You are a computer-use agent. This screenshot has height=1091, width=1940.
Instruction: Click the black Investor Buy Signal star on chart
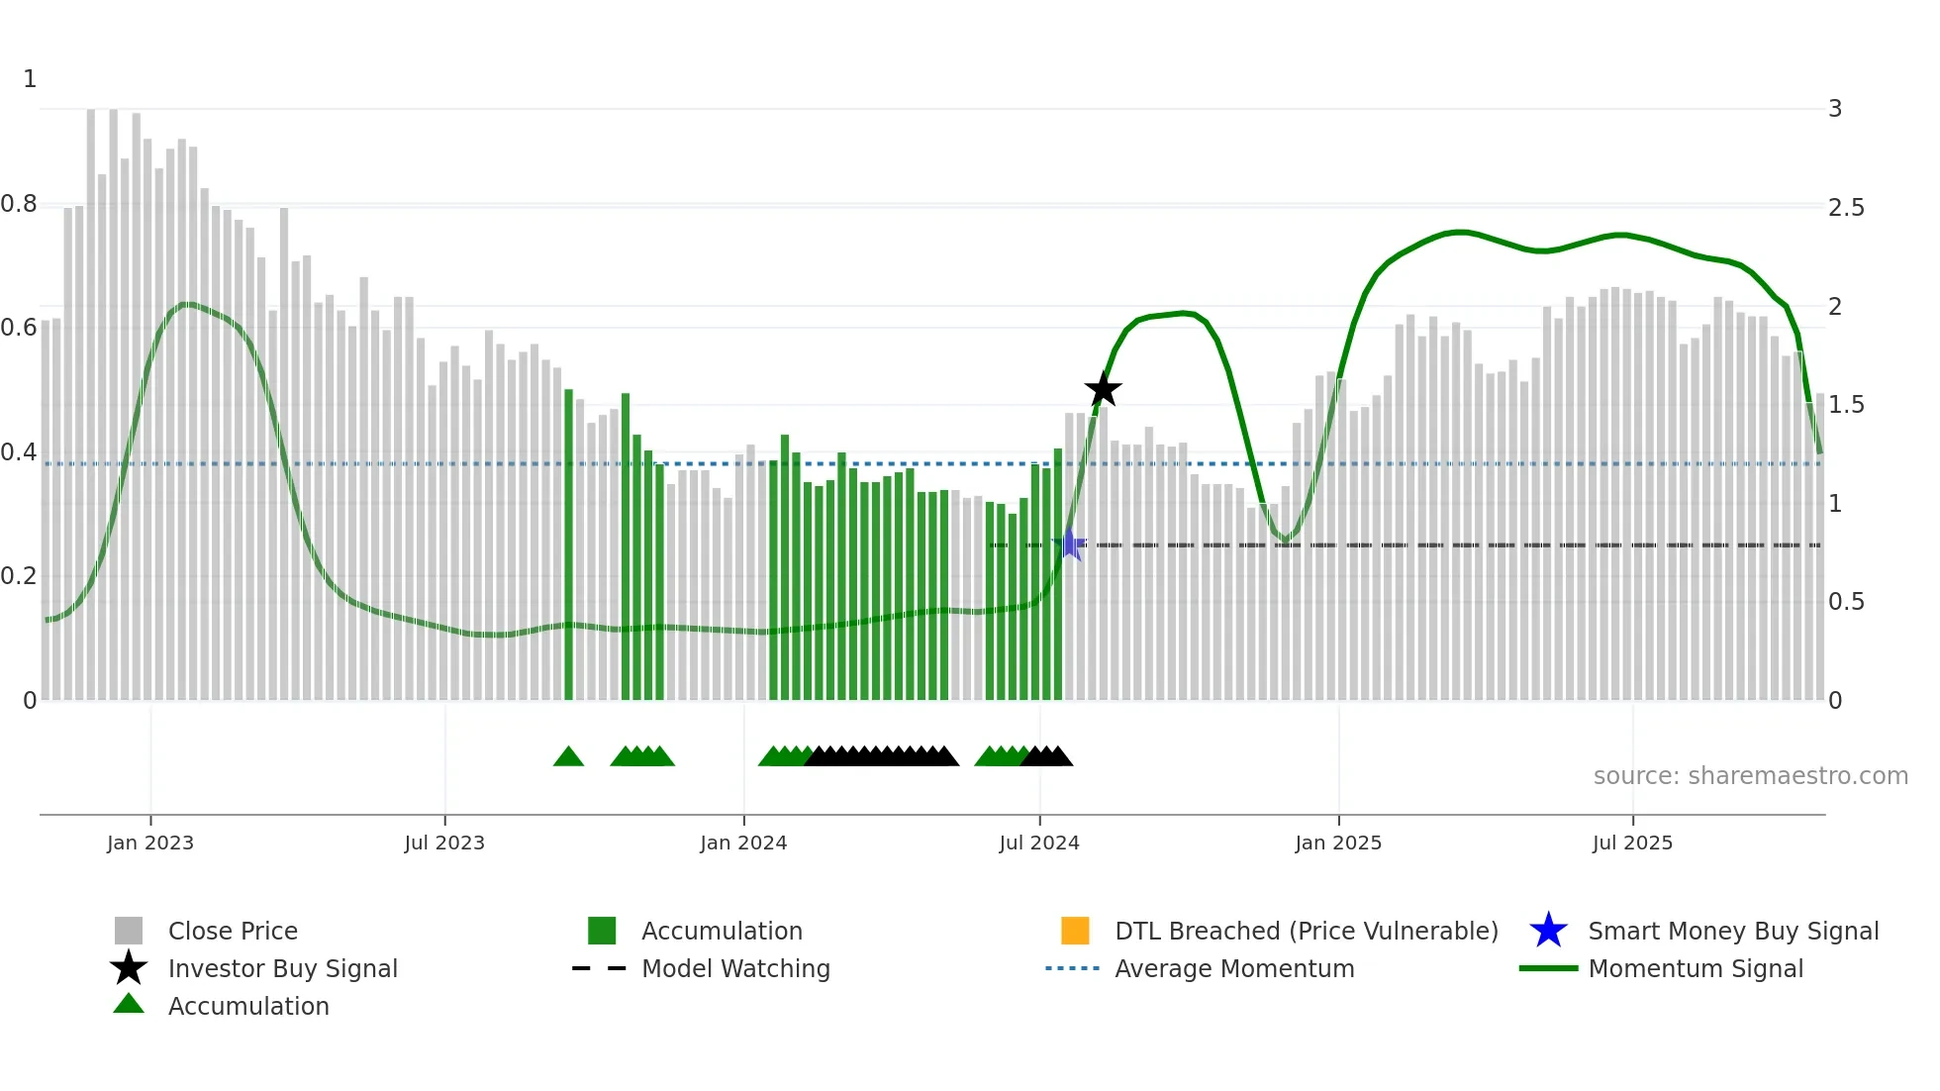(1103, 390)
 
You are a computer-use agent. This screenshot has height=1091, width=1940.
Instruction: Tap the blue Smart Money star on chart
(1070, 545)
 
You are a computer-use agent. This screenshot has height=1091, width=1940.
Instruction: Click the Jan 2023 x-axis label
(150, 843)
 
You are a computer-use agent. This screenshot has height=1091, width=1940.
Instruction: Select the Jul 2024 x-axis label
(1039, 843)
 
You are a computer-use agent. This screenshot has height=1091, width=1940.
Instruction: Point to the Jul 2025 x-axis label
(1632, 843)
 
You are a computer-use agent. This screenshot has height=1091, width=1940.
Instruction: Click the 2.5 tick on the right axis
(1846, 208)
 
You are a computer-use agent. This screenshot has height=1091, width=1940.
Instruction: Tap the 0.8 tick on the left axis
(19, 205)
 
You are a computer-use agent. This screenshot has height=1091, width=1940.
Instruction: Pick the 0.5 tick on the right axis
(1846, 602)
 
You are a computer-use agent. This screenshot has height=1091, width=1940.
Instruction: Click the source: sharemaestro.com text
(1750, 776)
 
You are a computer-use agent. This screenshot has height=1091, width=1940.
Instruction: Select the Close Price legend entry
(233, 931)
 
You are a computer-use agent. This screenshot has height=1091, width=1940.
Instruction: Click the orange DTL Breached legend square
(1075, 931)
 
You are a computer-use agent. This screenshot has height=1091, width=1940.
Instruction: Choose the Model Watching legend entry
(735, 968)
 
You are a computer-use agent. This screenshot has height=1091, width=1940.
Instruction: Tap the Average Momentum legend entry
(1234, 968)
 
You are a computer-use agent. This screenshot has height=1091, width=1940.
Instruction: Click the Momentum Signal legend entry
(1696, 968)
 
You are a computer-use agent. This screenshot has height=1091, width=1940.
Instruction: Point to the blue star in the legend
(1548, 931)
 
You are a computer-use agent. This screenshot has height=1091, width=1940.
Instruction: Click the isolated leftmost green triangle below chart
(568, 757)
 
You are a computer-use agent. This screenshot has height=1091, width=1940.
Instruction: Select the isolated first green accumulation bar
(568, 545)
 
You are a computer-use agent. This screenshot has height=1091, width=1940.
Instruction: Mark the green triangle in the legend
(129, 1005)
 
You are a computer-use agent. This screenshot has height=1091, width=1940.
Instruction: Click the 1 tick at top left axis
(30, 79)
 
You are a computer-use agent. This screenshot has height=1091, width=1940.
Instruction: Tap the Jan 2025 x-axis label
(1338, 843)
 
